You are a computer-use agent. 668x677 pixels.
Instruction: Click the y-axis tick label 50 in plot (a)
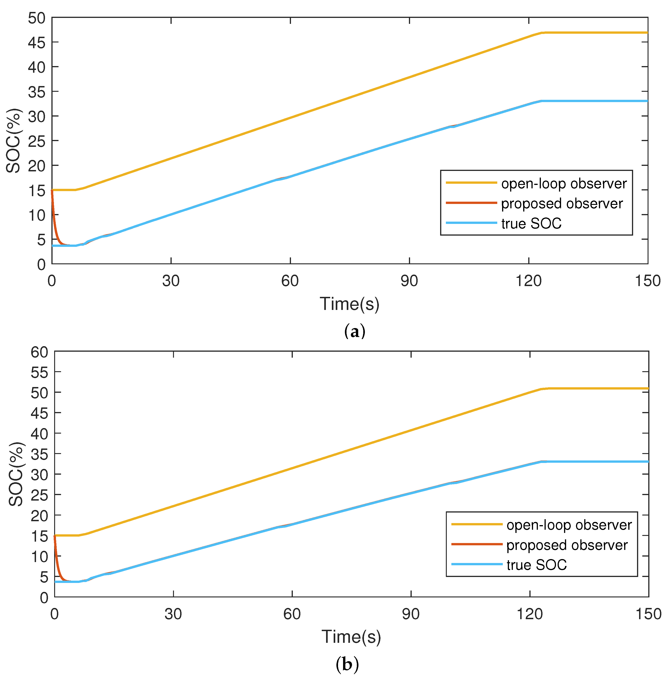click(x=37, y=18)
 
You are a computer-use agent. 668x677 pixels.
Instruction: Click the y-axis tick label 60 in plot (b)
click(x=39, y=352)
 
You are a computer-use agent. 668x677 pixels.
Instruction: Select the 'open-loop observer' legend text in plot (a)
click(x=564, y=184)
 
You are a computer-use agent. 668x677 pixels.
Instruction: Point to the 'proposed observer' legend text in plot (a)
click(x=562, y=203)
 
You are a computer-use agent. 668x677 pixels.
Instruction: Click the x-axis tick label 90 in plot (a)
click(x=409, y=281)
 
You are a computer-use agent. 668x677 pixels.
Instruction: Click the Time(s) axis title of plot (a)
click(x=349, y=304)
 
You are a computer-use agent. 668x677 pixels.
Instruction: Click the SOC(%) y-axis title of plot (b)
click(x=16, y=474)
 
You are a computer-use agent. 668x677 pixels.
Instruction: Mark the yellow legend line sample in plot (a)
click(x=471, y=183)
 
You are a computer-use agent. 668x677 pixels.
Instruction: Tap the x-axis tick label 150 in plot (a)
click(x=647, y=281)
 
